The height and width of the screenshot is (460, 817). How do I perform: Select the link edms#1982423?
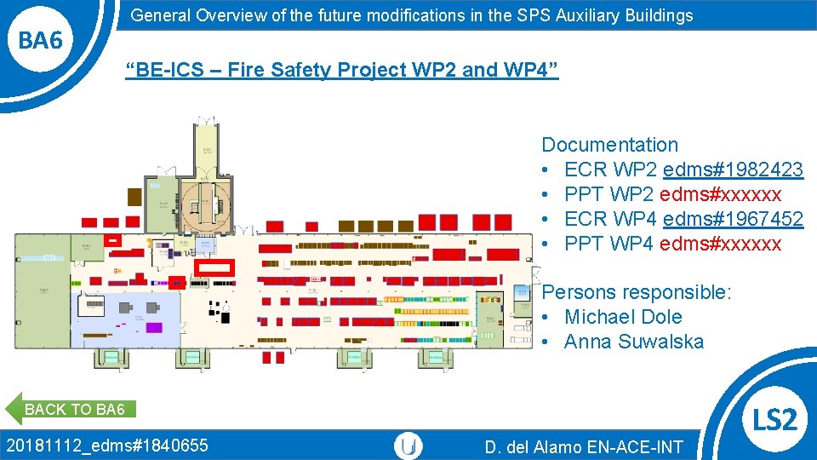pos(733,170)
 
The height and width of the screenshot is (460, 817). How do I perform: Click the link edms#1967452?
pos(733,219)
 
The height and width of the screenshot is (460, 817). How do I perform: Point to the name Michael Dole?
pos(623,317)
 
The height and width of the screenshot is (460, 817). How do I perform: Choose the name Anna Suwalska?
pos(634,342)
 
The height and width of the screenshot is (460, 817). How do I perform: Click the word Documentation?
pos(609,145)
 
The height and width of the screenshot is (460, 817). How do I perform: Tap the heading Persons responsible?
pos(637,292)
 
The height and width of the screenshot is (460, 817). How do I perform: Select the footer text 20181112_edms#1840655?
pos(106,445)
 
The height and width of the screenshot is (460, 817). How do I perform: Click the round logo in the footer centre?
pos(408,446)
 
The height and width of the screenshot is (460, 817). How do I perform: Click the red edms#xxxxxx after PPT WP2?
pos(720,194)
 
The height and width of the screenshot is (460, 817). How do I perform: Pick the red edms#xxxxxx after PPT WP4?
pos(720,244)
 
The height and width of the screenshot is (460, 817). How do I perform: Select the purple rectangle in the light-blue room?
pos(154,327)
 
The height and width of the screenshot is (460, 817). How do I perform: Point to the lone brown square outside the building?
pos(134,197)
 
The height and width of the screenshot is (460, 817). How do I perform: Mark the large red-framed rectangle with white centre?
pos(214,267)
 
